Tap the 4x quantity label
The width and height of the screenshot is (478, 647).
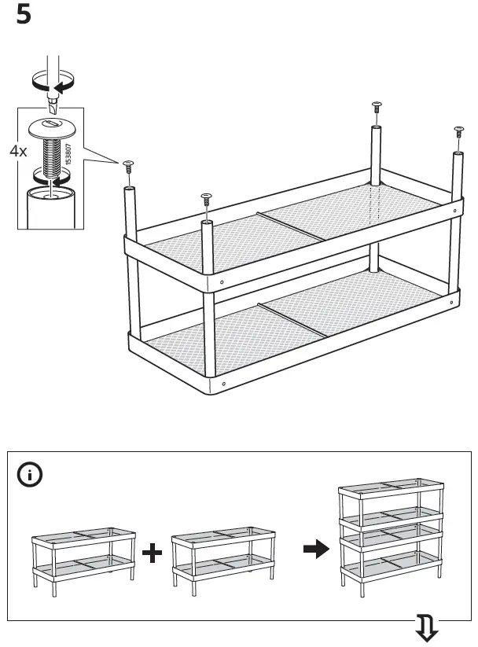point(18,151)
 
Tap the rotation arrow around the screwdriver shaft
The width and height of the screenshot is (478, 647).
point(52,80)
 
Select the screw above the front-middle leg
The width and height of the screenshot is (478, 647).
point(207,197)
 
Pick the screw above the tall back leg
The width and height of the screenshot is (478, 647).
point(376,108)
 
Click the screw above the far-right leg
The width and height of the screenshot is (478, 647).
point(458,131)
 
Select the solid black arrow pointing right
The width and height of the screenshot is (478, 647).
point(315,550)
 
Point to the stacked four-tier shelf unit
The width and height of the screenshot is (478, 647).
point(388,535)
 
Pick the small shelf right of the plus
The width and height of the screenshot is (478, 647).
point(222,555)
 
